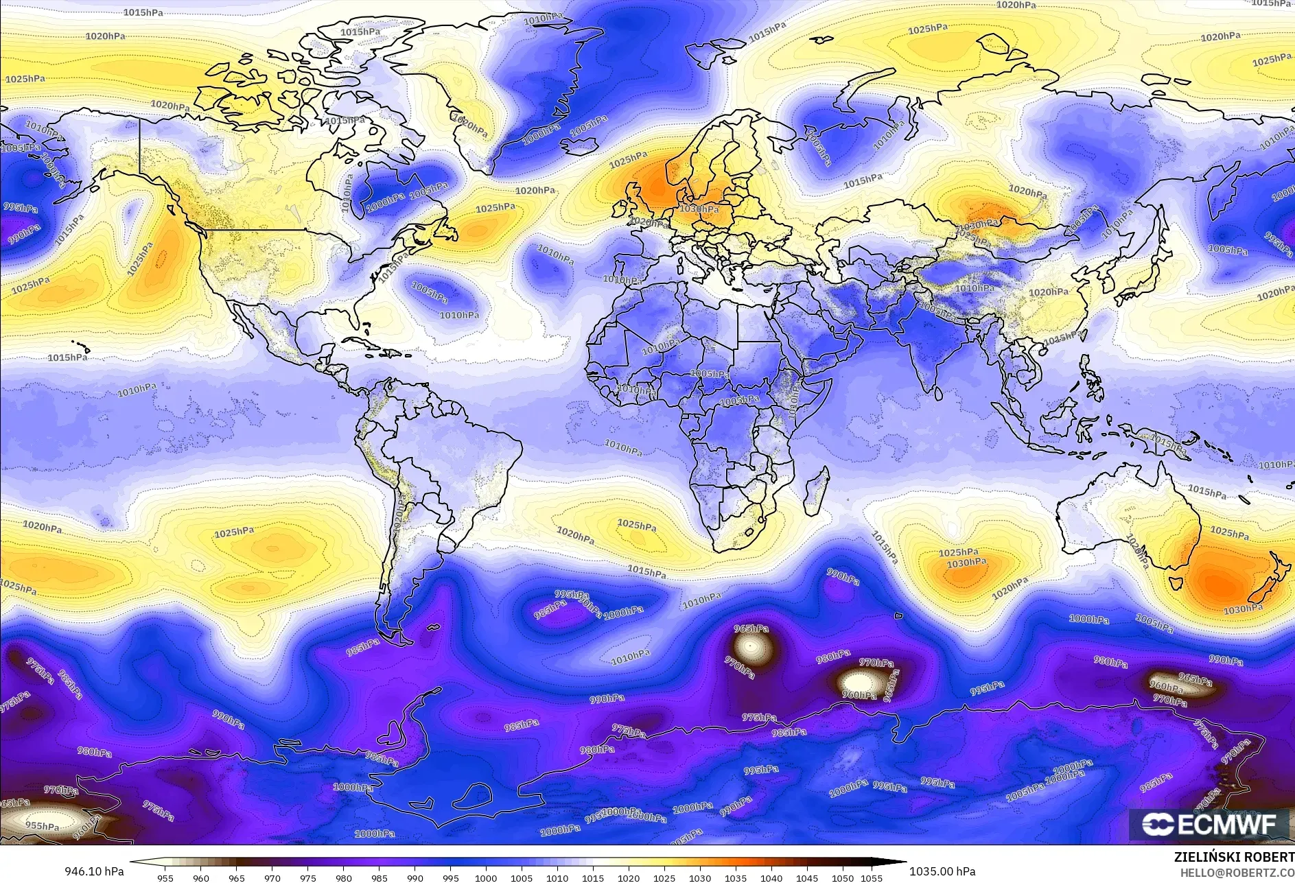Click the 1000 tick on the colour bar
(x=486, y=878)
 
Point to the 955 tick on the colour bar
(x=165, y=878)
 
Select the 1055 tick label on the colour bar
(x=872, y=878)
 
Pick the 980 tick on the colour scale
(x=343, y=878)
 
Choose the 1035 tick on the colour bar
(x=736, y=878)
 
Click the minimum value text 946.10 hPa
(x=93, y=871)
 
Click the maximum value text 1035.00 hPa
(x=942, y=871)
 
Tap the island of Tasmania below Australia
(x=1176, y=584)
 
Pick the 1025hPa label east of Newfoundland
(x=495, y=208)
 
